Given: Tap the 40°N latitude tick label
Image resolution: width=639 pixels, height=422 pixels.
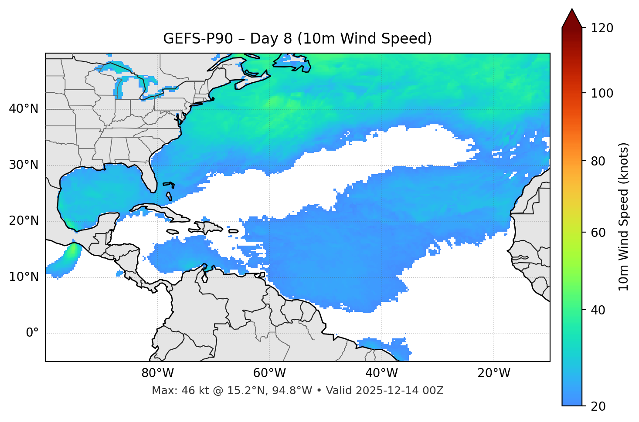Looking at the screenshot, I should [x=24, y=109].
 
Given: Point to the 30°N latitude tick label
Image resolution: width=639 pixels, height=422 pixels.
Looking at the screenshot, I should [x=24, y=165].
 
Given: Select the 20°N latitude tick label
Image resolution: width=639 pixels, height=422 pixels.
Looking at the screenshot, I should [x=24, y=221].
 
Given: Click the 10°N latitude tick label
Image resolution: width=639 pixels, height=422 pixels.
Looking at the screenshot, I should [x=24, y=277].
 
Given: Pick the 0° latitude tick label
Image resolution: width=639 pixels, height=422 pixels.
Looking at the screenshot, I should [x=32, y=333].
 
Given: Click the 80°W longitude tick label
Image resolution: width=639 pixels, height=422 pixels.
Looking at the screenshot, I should [x=157, y=373].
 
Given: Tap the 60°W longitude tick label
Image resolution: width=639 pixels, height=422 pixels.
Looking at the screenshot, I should [x=269, y=373].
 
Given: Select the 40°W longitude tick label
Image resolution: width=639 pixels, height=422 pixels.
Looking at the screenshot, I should [x=381, y=373].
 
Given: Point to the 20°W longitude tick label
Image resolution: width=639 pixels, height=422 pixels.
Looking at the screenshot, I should [x=494, y=373].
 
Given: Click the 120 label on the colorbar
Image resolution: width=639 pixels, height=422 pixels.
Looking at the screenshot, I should [x=602, y=28].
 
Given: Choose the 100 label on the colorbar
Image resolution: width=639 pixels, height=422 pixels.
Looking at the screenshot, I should [x=602, y=93].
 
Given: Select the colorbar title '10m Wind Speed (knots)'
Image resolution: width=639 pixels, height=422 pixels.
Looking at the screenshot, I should [x=624, y=216].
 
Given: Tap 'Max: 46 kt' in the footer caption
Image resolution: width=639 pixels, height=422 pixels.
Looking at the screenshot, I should [x=174, y=391].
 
